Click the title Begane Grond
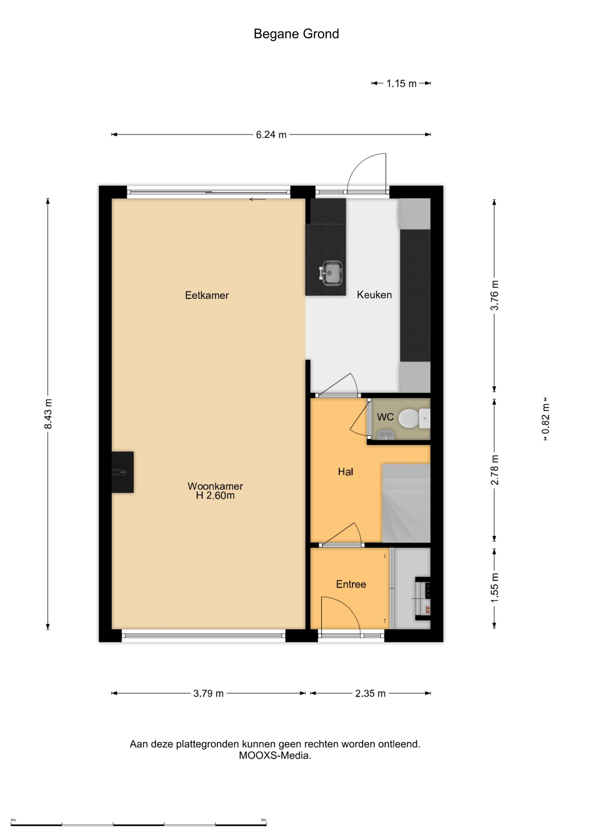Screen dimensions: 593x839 296,34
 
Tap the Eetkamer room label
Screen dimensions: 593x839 207,295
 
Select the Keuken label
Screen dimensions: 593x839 374,295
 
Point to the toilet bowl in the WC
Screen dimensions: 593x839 408,419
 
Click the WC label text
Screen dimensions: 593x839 385,417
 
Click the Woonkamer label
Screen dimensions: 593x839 215,487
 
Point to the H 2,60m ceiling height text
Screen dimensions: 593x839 215,496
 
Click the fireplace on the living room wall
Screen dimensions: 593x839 122,472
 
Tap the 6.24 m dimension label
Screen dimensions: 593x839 271,135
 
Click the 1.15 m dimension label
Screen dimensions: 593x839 402,84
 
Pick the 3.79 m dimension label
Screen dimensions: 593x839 208,693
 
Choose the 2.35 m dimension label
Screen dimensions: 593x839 370,693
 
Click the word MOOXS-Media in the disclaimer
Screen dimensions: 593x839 274,756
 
